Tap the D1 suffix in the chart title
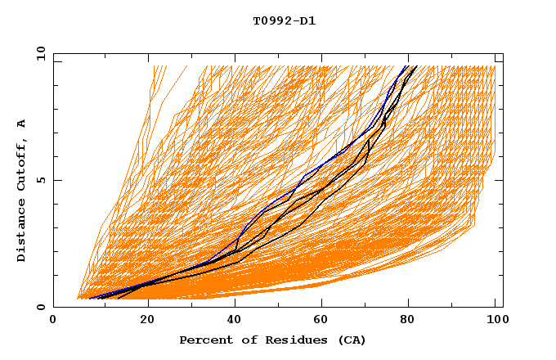coord(306,21)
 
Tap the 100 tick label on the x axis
coord(495,322)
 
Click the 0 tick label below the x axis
coord(54,322)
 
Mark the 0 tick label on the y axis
coord(40,308)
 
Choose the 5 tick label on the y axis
coord(40,180)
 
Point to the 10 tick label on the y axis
coord(38,53)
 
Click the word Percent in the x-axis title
coord(204,340)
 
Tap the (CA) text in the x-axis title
coord(350,340)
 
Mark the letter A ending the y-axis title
coord(22,124)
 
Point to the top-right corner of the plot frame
coord(503,53)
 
